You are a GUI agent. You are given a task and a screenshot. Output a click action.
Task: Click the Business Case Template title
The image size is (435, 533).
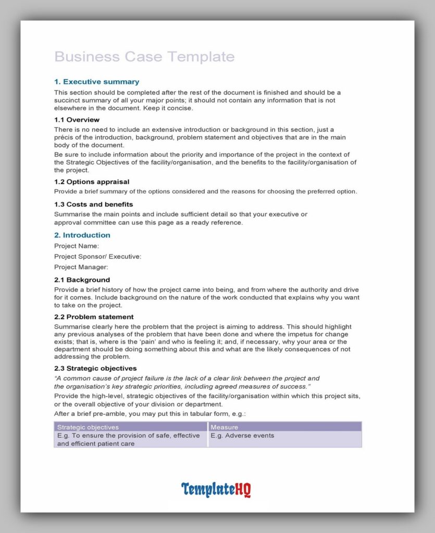[144, 57]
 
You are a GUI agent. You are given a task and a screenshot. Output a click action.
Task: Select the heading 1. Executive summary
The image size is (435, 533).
[96, 82]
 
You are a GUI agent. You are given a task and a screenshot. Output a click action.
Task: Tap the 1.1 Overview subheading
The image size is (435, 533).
[77, 120]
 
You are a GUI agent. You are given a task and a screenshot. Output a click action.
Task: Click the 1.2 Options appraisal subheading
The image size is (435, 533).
[92, 182]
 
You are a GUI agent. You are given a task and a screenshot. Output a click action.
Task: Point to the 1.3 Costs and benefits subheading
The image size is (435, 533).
[93, 204]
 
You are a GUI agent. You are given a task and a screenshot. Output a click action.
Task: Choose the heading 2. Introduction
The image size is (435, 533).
[82, 235]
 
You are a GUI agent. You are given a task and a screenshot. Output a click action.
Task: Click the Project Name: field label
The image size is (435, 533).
[77, 246]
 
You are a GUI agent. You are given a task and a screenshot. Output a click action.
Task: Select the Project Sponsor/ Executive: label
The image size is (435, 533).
[97, 256]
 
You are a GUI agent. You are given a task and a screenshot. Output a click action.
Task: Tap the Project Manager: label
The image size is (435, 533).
[81, 267]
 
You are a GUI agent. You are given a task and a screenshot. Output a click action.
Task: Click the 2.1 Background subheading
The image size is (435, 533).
[82, 280]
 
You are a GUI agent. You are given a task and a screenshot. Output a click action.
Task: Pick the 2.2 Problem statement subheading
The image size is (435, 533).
[94, 316]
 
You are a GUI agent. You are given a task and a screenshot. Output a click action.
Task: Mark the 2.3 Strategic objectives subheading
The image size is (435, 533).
[95, 368]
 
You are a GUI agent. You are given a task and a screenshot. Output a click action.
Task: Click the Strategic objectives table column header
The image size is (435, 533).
[88, 427]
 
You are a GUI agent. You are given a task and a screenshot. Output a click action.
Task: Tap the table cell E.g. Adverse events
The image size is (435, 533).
[242, 436]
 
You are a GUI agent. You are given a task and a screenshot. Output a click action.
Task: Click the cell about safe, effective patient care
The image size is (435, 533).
[128, 439]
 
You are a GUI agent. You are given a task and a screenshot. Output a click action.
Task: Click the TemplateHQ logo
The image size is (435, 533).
[216, 490]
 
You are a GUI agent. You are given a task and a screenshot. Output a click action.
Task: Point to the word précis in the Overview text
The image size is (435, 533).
[65, 137]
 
